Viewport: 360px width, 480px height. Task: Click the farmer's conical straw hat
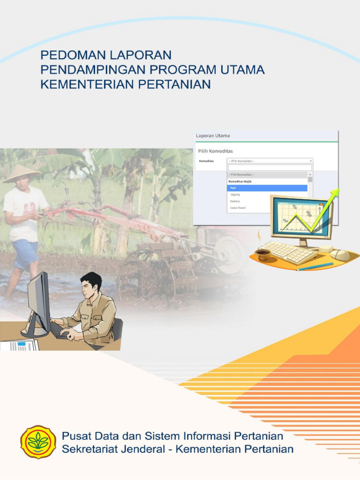point(22,173)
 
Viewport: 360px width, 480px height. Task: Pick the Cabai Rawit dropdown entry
point(238,208)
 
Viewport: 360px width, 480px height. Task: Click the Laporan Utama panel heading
point(213,136)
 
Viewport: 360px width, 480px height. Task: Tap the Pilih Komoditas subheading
point(216,151)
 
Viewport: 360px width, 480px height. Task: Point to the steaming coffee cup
point(262,254)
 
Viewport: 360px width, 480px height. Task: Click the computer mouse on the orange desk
point(339,255)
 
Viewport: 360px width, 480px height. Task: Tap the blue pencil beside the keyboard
point(315,266)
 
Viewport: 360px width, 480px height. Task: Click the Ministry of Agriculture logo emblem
point(38,442)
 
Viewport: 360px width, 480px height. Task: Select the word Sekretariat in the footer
point(90,449)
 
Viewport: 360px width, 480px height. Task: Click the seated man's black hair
point(91,279)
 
